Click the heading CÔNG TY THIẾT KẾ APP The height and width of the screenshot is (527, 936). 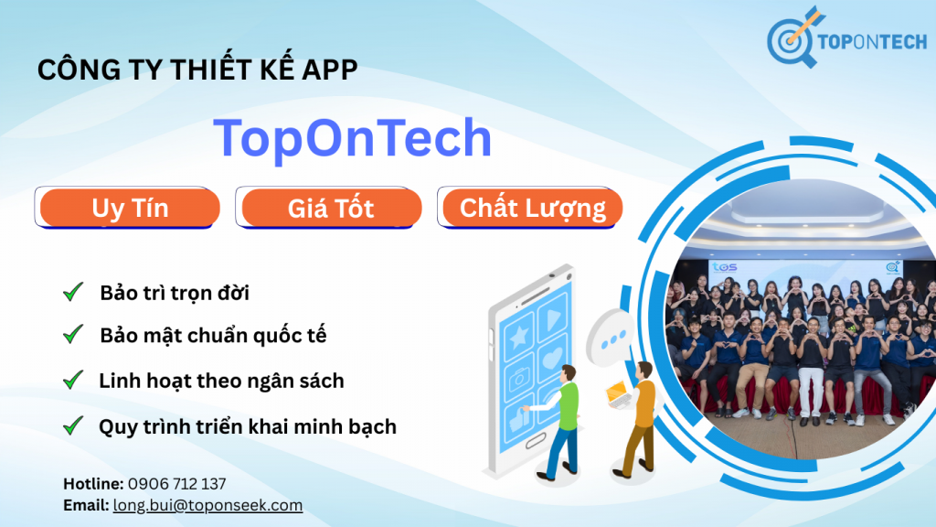197,70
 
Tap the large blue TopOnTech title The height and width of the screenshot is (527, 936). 353,138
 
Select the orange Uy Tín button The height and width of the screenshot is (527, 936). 130,209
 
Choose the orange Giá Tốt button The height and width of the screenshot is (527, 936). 330,209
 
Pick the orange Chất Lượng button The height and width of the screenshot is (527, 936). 532,208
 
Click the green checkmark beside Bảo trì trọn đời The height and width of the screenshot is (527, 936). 73,292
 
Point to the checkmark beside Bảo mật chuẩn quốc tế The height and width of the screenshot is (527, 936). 73,334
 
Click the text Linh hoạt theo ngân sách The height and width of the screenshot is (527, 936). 221,380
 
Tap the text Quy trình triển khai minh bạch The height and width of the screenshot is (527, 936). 247,425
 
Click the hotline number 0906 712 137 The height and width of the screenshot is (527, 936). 177,483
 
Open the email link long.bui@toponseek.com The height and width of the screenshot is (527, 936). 207,505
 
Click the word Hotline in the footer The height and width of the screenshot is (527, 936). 93,483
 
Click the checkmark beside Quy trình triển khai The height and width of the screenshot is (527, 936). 73,425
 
